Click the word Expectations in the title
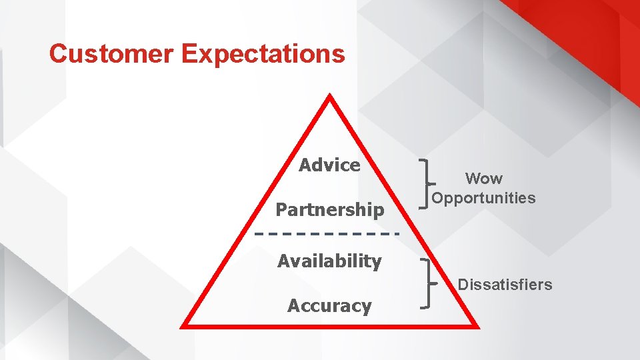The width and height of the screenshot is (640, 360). click(263, 55)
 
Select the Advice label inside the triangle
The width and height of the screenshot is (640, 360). click(329, 165)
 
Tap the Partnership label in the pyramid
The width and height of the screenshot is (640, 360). click(330, 210)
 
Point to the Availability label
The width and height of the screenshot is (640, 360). click(329, 261)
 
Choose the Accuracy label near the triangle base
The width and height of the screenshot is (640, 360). click(329, 306)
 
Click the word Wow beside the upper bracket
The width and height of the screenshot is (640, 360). click(484, 179)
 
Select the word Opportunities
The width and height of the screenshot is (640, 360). click(483, 198)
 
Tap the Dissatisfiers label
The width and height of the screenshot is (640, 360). click(505, 285)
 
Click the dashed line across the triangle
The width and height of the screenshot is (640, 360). click(327, 234)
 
